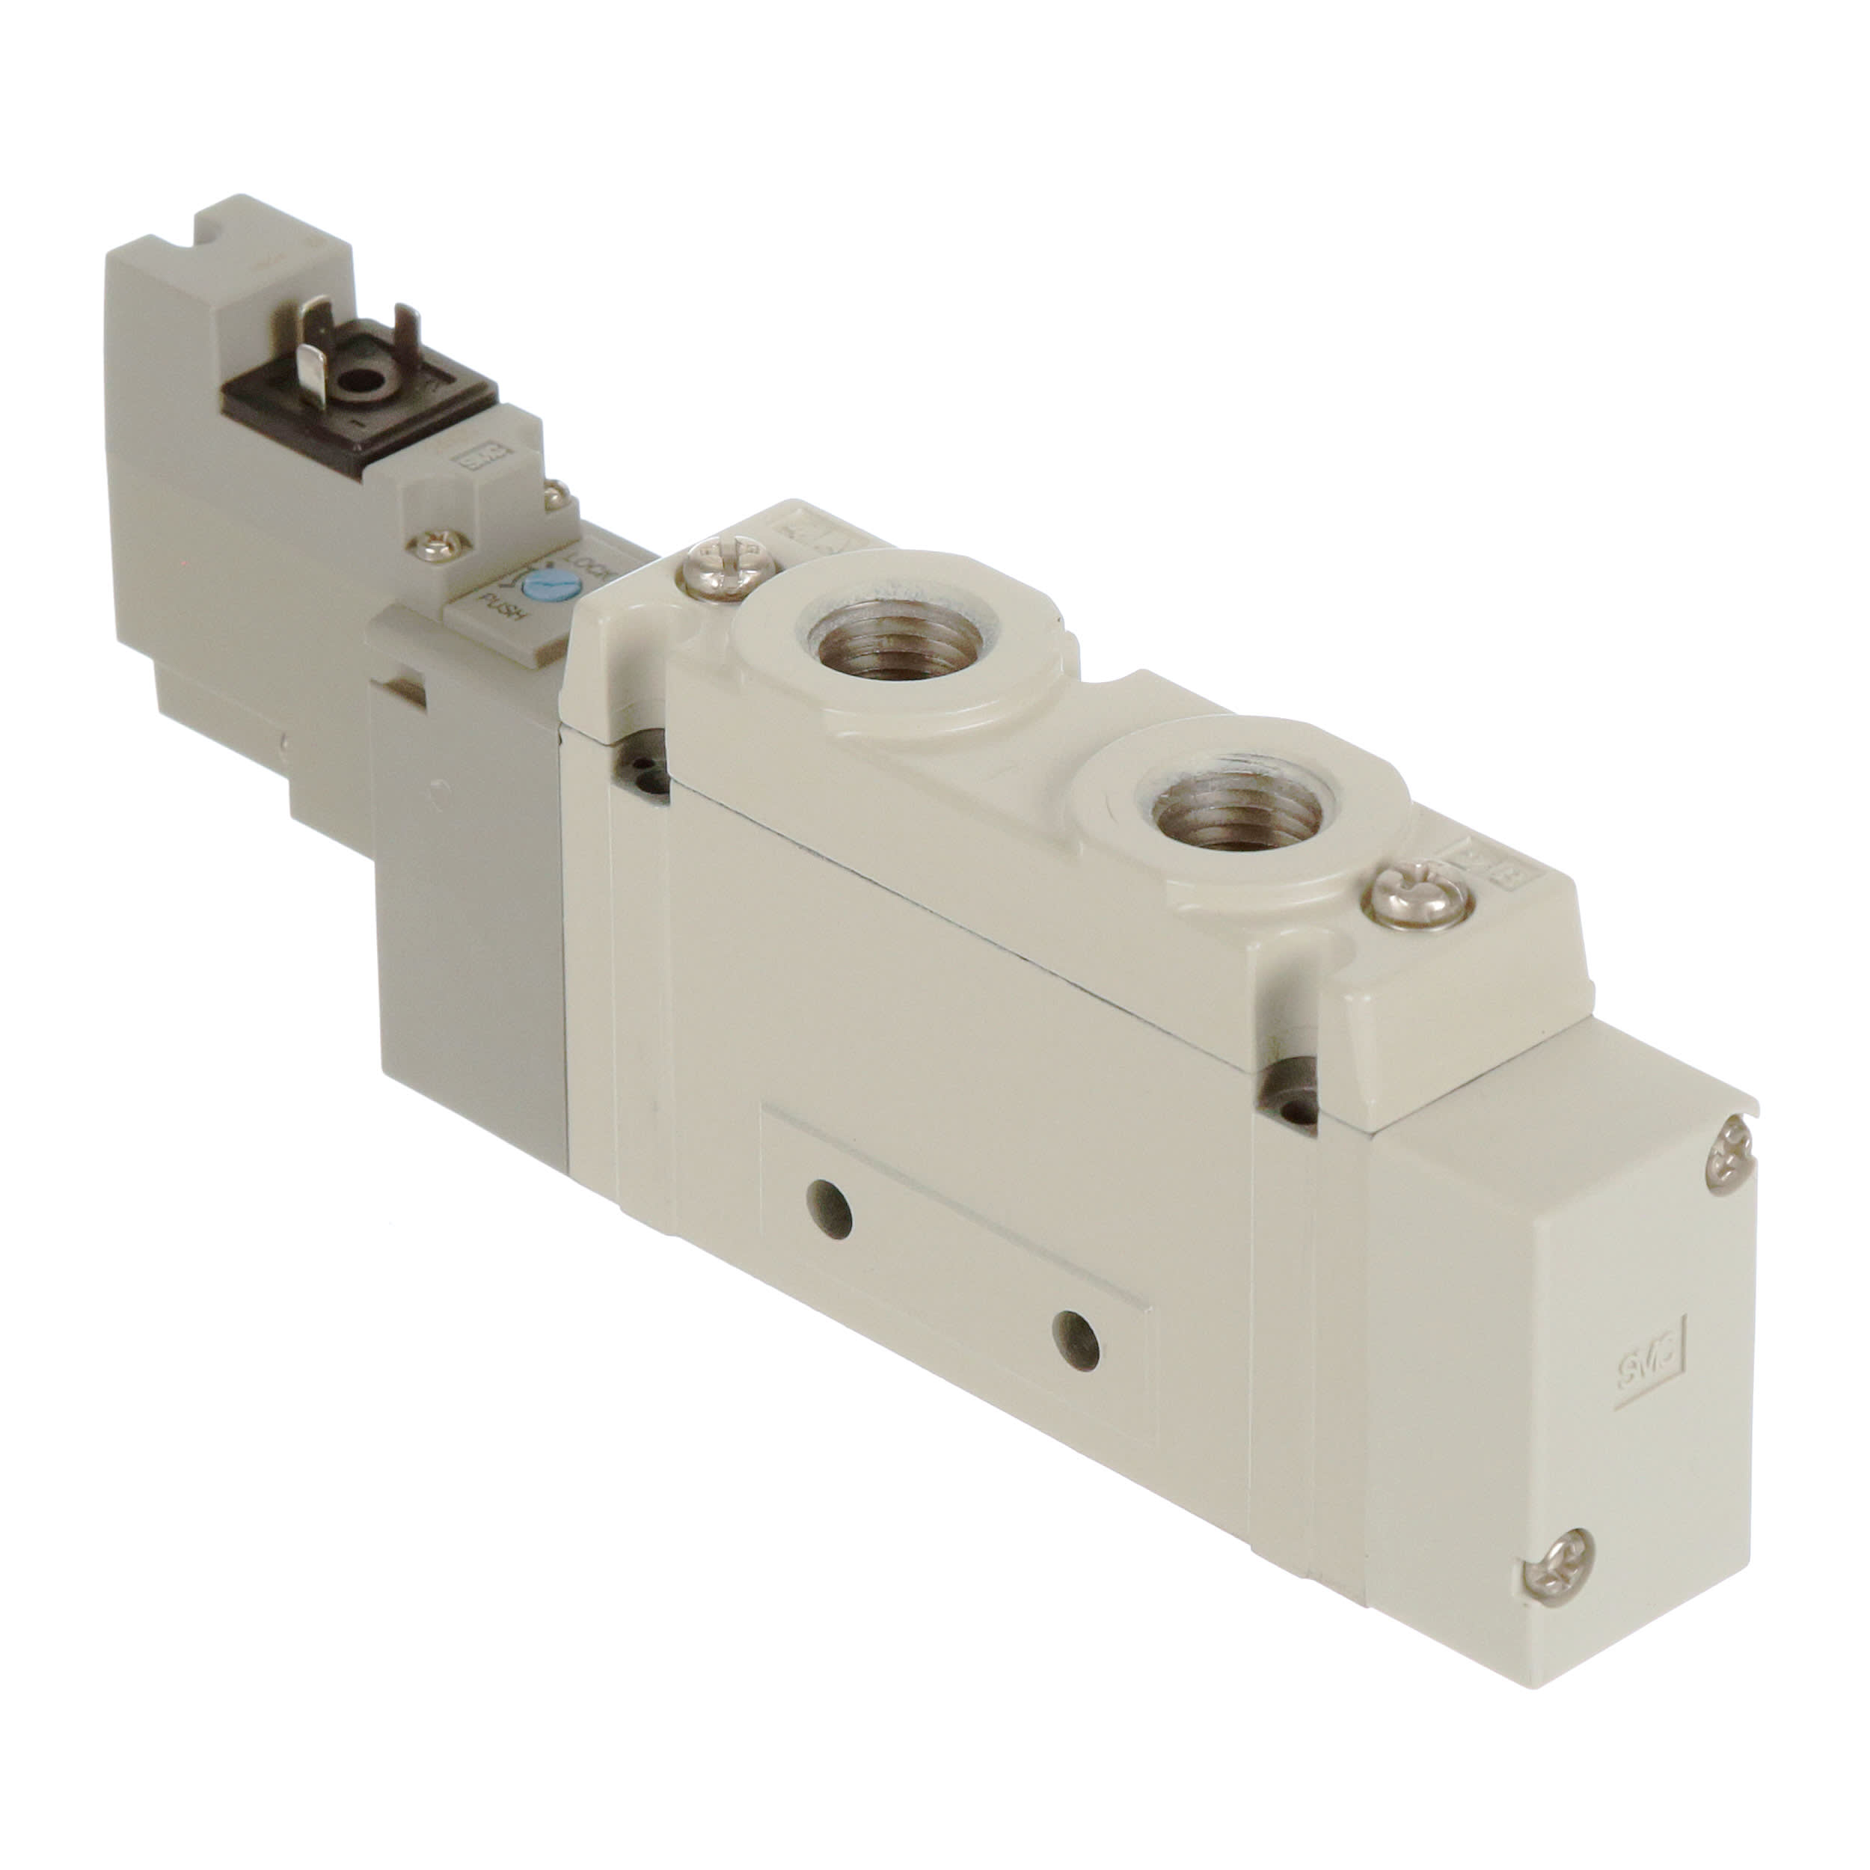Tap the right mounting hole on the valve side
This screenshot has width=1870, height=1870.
1076,1339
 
